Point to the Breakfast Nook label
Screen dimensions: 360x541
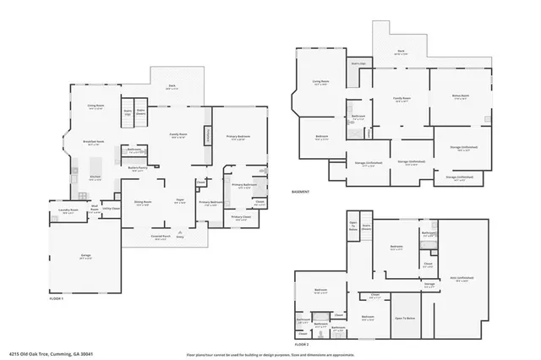(94, 141)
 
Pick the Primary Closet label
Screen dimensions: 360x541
(242, 218)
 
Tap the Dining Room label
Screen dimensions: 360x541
(142, 202)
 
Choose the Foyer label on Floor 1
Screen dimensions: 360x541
(180, 200)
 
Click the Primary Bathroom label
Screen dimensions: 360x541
(243, 184)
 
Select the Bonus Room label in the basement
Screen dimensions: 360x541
(460, 97)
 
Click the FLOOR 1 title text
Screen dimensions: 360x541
(57, 299)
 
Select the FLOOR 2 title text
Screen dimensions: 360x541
(302, 345)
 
